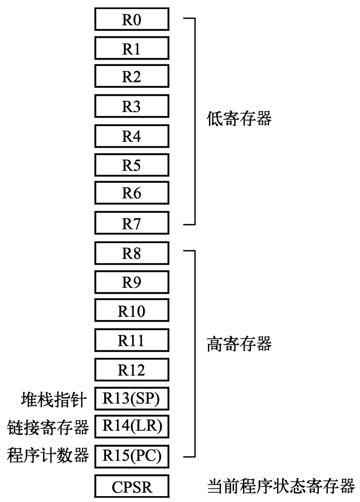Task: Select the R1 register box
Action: click(131, 48)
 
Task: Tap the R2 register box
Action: click(131, 77)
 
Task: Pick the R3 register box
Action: click(131, 106)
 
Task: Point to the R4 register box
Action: click(131, 136)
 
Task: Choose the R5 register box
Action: click(131, 165)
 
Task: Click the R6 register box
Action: click(131, 194)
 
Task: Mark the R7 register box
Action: click(131, 223)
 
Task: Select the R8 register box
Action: click(131, 252)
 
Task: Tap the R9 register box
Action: click(131, 281)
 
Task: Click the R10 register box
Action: click(131, 311)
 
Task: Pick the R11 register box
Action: click(131, 339)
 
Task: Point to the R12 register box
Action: click(131, 369)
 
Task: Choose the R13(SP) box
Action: click(131, 398)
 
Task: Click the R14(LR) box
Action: click(131, 426)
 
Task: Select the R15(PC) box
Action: click(131, 456)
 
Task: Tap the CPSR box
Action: click(131, 487)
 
